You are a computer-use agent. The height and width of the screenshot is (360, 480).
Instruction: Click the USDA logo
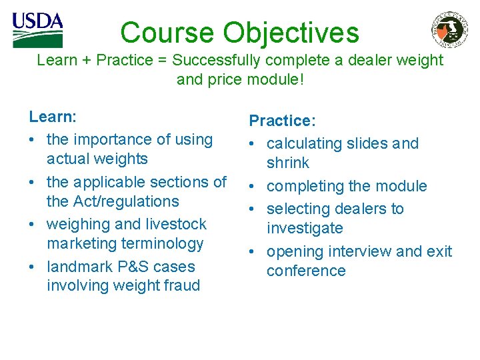click(x=37, y=30)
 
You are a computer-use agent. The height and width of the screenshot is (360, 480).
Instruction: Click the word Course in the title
click(x=167, y=33)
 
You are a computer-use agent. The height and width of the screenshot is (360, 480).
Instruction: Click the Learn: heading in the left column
click(x=53, y=117)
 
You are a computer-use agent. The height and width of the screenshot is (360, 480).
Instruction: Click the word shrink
click(x=288, y=163)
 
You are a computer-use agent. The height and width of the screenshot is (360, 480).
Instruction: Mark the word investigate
click(x=305, y=228)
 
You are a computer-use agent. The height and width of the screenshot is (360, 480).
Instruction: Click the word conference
click(x=306, y=271)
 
